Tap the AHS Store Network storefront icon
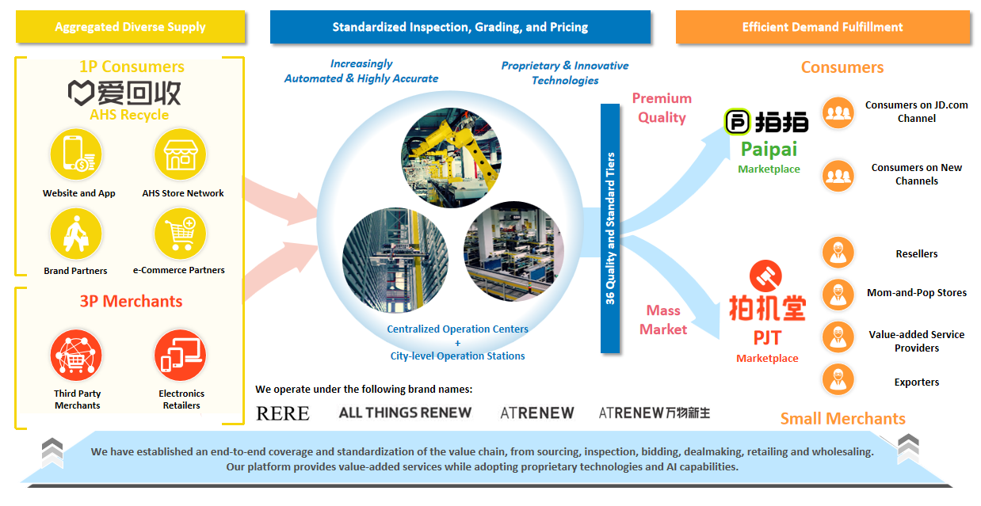tap(181, 154)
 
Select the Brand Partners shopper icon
tap(76, 234)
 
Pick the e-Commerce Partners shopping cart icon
tap(181, 234)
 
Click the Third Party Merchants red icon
tap(77, 356)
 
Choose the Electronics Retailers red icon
tap(181, 356)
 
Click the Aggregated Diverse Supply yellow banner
tap(130, 27)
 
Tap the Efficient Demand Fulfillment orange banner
tap(823, 27)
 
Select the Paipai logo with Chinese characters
tap(767, 121)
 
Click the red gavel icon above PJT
tap(765, 276)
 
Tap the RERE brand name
tap(283, 413)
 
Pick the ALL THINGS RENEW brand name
tap(405, 413)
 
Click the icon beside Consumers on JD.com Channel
tap(838, 112)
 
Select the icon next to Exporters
tap(838, 381)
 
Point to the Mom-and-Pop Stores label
tap(917, 293)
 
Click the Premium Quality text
tap(662, 108)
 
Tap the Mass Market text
tap(663, 320)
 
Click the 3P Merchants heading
tap(131, 301)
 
